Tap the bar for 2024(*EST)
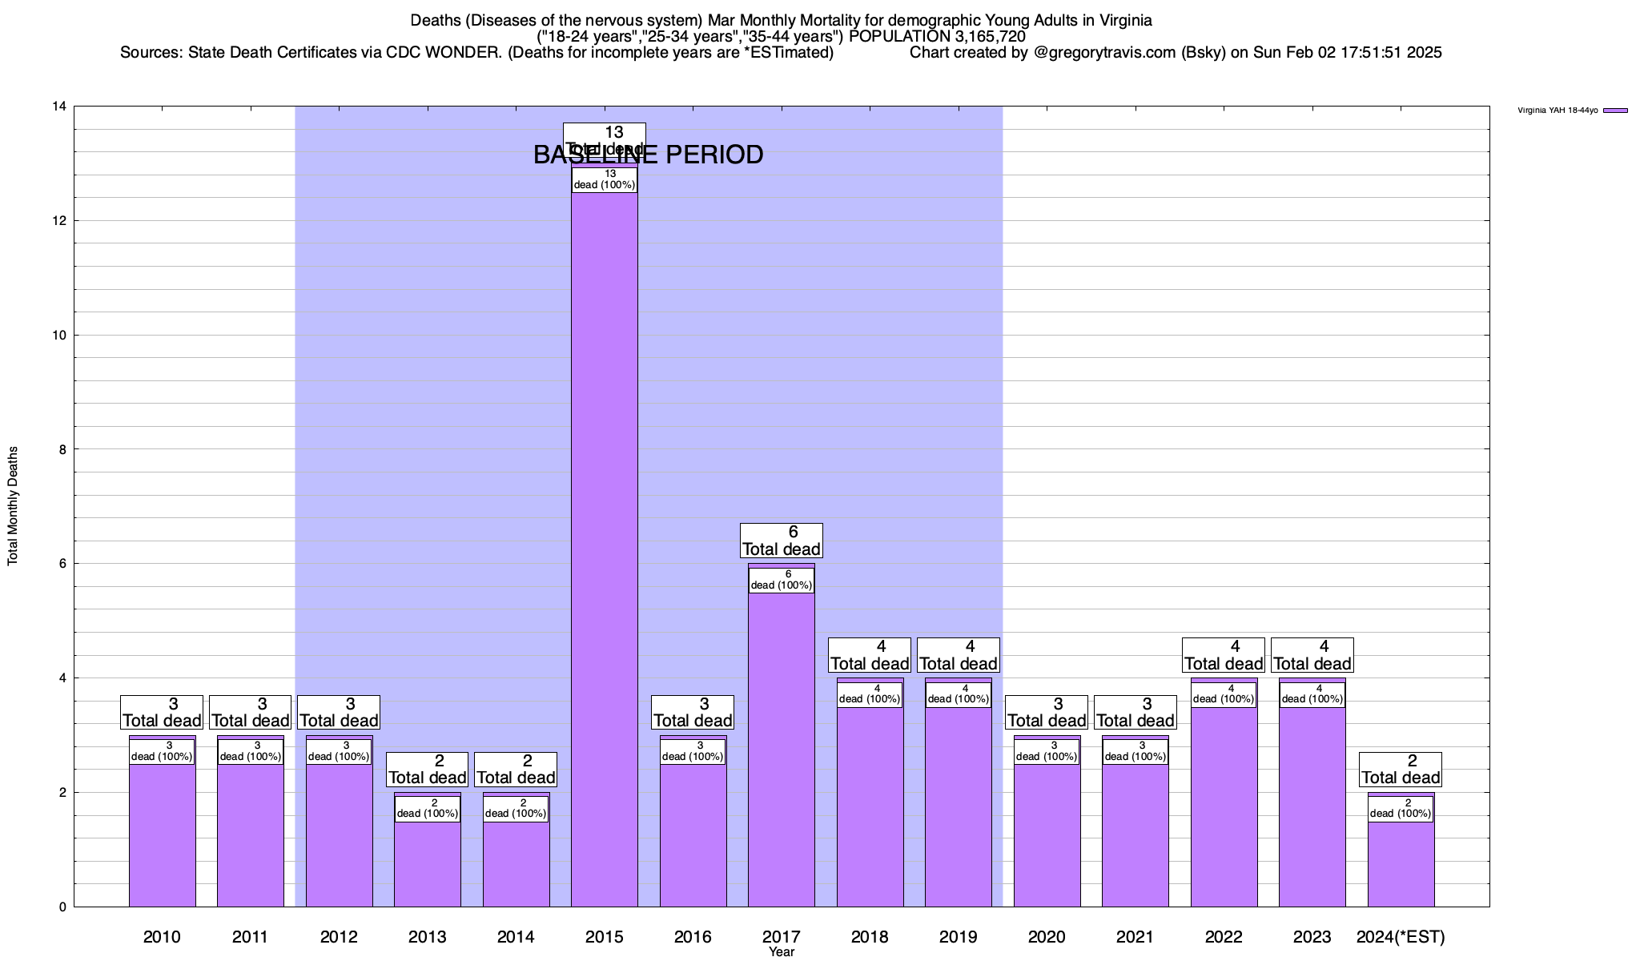[1401, 865]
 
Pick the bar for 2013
[428, 865]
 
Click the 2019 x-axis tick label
[958, 937]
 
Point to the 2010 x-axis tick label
[162, 937]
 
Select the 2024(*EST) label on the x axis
[1401, 937]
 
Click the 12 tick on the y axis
[59, 221]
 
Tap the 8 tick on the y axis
[62, 449]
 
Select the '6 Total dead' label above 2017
[782, 541]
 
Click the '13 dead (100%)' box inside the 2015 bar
[605, 179]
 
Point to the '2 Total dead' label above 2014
[516, 770]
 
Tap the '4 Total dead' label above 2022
[1224, 655]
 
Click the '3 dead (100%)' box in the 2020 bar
[1047, 751]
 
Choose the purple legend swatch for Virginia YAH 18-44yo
[1615, 111]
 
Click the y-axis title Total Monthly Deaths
[13, 506]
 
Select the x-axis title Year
[782, 952]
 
